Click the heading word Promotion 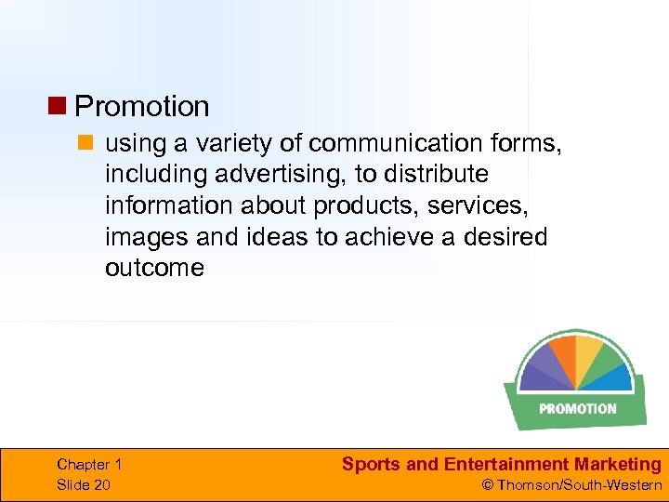[x=141, y=107]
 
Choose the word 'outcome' [x=154, y=268]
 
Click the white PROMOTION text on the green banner [x=577, y=408]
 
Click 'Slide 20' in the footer [x=83, y=484]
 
